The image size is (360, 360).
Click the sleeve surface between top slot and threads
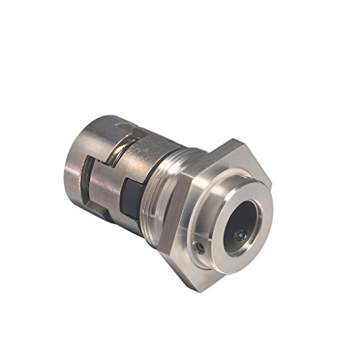coord(155,148)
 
